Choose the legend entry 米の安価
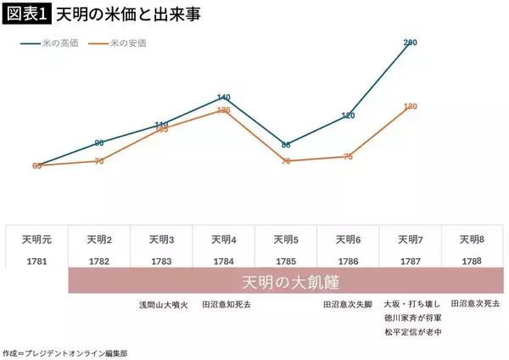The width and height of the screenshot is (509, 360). click(128, 42)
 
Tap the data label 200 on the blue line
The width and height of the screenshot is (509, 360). click(411, 42)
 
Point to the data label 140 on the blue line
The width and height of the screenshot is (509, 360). click(224, 97)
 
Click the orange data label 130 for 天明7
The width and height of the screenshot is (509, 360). click(411, 106)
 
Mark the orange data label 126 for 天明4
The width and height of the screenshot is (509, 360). click(224, 110)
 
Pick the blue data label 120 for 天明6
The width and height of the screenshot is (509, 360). click(349, 115)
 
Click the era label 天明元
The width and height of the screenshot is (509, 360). click(36, 239)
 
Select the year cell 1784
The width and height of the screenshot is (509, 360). click(223, 262)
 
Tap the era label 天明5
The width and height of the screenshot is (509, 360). click(286, 239)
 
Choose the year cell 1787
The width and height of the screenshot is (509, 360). click(411, 262)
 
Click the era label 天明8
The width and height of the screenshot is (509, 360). click(473, 239)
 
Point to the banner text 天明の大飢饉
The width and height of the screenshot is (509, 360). click(285, 282)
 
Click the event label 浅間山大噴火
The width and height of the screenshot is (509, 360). click(161, 303)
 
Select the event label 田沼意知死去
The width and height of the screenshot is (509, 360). click(223, 303)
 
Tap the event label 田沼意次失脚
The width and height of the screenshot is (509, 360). click(349, 303)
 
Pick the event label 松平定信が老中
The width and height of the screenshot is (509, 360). click(411, 332)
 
